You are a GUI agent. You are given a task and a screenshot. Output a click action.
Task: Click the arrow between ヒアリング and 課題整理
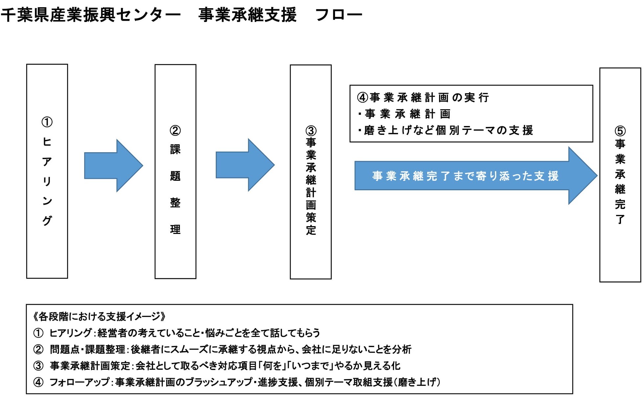click(x=114, y=166)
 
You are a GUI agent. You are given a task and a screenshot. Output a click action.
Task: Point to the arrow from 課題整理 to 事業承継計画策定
click(x=245, y=165)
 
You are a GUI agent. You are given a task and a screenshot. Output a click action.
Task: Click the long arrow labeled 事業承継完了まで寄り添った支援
click(x=476, y=176)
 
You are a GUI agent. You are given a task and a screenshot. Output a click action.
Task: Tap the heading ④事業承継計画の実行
click(x=423, y=97)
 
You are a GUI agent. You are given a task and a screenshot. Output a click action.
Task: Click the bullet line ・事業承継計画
click(x=404, y=114)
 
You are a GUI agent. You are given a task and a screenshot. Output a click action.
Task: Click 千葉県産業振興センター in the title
click(x=91, y=15)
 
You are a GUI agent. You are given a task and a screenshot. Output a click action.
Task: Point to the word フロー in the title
click(x=339, y=15)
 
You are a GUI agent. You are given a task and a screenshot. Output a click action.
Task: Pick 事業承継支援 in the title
click(x=248, y=15)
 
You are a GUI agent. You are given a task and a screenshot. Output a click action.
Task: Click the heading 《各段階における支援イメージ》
click(x=99, y=316)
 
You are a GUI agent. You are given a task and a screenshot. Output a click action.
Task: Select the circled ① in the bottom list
click(x=38, y=333)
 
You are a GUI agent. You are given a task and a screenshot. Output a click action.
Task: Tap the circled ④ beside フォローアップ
click(x=38, y=382)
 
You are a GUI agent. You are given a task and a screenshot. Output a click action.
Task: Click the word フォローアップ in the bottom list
click(x=79, y=382)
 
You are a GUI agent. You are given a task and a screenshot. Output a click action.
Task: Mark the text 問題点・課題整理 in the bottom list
click(x=88, y=349)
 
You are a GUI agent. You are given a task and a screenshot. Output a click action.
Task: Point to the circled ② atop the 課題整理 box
click(x=175, y=131)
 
